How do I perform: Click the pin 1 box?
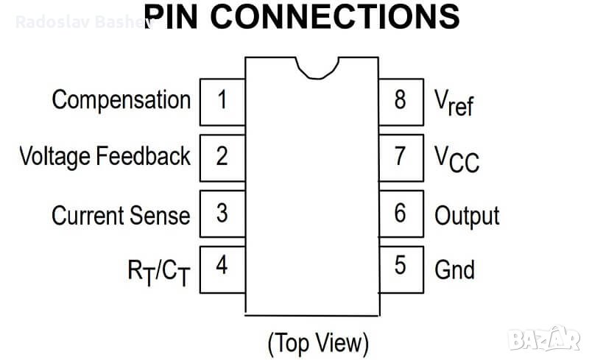pyautogui.click(x=222, y=100)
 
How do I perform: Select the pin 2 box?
pyautogui.click(x=222, y=157)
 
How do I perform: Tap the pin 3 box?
pyautogui.click(x=222, y=214)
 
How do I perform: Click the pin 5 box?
pyautogui.click(x=401, y=266)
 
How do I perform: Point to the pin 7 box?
pyautogui.click(x=401, y=157)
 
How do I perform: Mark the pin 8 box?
pyautogui.click(x=401, y=100)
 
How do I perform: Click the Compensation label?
pyautogui.click(x=121, y=100)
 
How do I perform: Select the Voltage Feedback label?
pyautogui.click(x=105, y=157)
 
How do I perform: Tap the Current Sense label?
pyautogui.click(x=121, y=215)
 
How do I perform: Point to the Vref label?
pyautogui.click(x=454, y=103)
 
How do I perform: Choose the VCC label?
pyautogui.click(x=456, y=159)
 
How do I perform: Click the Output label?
pyautogui.click(x=467, y=216)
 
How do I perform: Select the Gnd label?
pyautogui.click(x=454, y=269)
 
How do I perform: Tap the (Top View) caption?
pyautogui.click(x=317, y=342)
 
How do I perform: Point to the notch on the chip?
pyautogui.click(x=317, y=68)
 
